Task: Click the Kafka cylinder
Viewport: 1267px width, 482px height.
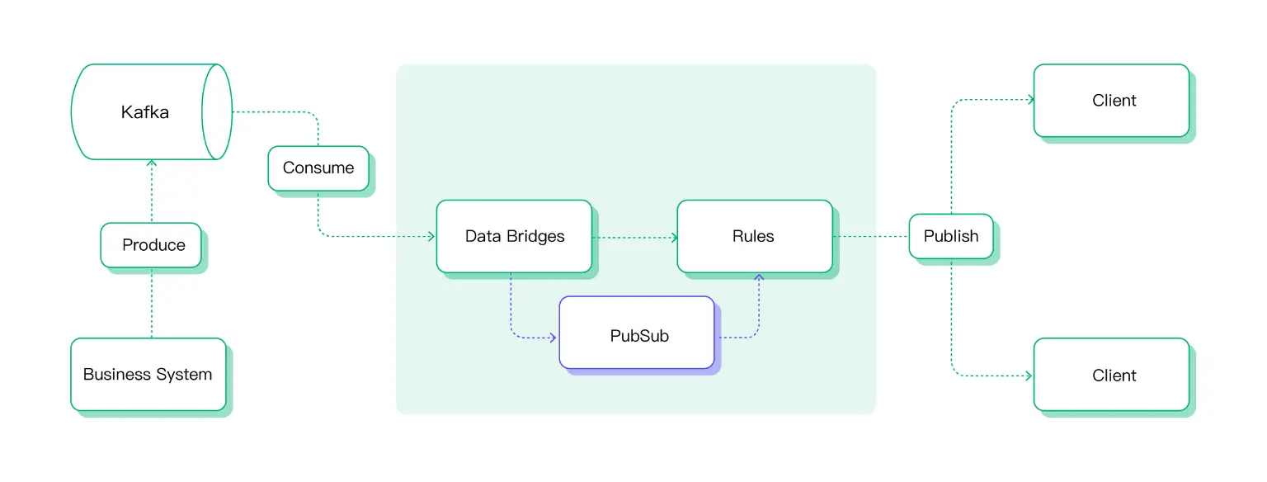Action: (145, 112)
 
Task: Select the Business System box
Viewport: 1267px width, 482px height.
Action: (148, 375)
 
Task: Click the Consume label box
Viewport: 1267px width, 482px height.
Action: (318, 168)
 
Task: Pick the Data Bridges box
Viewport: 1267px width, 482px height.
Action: (514, 237)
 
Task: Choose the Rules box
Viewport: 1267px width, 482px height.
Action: (754, 237)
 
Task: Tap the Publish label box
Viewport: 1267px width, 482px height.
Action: (951, 236)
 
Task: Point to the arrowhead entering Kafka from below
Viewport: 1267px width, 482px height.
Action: (152, 163)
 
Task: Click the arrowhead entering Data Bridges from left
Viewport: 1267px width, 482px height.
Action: (431, 237)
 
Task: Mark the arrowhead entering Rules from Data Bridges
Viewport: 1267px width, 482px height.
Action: (673, 238)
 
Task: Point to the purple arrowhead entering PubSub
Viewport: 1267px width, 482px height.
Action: (554, 338)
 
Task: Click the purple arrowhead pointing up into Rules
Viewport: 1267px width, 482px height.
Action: (759, 277)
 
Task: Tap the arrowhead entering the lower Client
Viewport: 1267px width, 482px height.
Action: (1029, 376)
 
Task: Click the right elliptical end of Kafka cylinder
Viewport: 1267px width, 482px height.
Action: (218, 112)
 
